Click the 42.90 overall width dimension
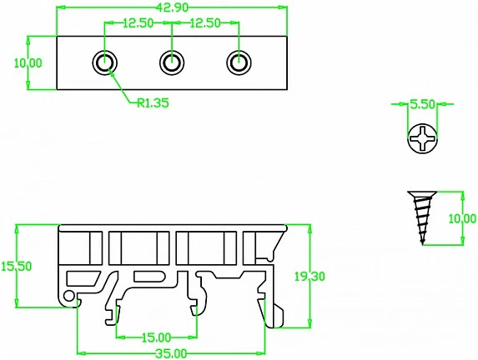click(172, 7)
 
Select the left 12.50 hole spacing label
click(138, 23)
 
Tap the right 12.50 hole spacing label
click(205, 23)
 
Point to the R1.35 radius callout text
click(153, 103)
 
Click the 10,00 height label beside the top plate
click(28, 63)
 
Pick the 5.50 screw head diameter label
click(422, 104)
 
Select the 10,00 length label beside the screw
click(462, 218)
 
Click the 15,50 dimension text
click(16, 266)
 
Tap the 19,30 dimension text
click(309, 276)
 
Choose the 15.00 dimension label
click(156, 337)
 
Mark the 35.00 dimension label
click(171, 354)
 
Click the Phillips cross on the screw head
click(422, 138)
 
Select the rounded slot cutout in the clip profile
click(149, 276)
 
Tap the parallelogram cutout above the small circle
click(83, 278)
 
